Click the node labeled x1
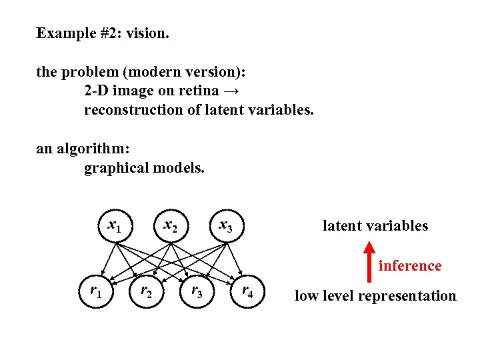(115, 227)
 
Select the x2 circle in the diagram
(171, 227)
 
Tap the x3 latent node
(227, 227)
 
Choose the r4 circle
(247, 291)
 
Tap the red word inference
(410, 266)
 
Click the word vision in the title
(149, 33)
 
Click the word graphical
(116, 168)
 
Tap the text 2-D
(96, 91)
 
